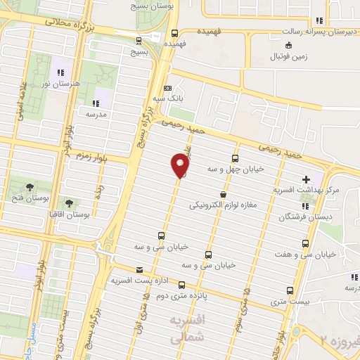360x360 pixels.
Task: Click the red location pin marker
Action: coord(180,166)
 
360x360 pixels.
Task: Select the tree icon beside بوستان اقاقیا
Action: coord(68,202)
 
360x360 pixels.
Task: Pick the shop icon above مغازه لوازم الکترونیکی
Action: coord(223,194)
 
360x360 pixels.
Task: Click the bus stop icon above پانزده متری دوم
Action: coord(182,285)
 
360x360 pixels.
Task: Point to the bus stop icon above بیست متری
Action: coord(291,290)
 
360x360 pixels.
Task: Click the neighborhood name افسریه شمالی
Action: coord(186,327)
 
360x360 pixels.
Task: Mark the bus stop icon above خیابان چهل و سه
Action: coord(235,158)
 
